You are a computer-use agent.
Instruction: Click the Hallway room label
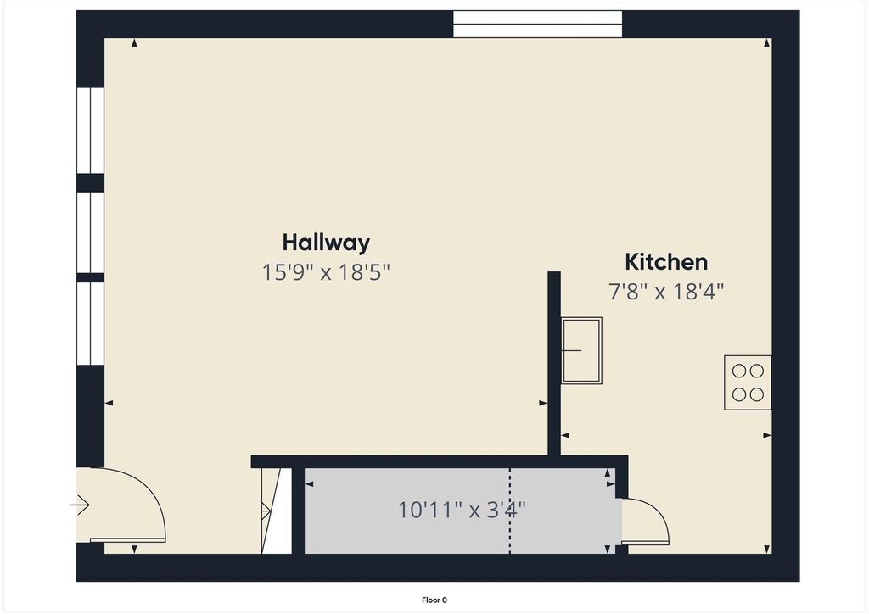click(x=326, y=243)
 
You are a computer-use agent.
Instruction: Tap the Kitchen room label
click(x=666, y=262)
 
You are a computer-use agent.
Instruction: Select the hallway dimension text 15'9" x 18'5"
click(x=326, y=272)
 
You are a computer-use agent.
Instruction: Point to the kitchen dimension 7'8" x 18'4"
click(x=666, y=291)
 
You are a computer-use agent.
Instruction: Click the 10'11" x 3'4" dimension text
click(x=462, y=510)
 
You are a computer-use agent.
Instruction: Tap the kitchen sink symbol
click(x=581, y=350)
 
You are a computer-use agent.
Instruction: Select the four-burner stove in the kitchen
click(x=748, y=382)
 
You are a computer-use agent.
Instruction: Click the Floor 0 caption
click(x=434, y=600)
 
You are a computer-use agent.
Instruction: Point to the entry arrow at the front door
click(x=79, y=505)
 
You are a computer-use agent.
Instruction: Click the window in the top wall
click(x=537, y=25)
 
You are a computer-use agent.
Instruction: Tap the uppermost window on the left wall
click(x=90, y=131)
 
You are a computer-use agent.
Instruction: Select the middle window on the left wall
click(x=90, y=232)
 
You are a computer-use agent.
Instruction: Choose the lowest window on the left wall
click(x=90, y=324)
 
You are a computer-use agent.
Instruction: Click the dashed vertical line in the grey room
click(x=510, y=511)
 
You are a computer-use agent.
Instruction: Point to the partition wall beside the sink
click(x=554, y=364)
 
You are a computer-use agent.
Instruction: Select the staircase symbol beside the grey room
click(x=271, y=511)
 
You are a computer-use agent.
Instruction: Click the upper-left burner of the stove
click(x=739, y=371)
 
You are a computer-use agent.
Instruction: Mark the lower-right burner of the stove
click(x=756, y=394)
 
